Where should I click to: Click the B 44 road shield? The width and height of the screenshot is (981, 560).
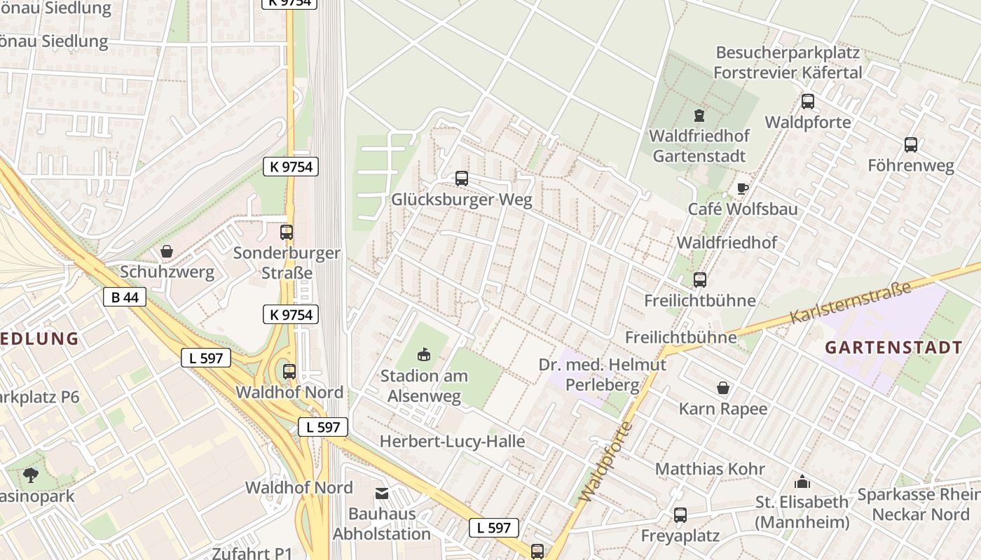[125, 297]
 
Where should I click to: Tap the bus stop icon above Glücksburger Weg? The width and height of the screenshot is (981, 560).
[461, 178]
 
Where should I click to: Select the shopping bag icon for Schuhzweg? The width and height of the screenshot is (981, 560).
[167, 251]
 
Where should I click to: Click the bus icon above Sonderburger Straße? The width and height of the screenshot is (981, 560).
[287, 232]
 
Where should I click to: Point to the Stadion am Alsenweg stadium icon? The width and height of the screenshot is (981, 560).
[424, 355]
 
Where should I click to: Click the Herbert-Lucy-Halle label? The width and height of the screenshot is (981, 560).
[452, 441]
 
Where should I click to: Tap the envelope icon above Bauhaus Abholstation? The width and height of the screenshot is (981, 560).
[382, 493]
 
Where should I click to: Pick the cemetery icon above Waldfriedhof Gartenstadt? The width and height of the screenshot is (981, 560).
[699, 115]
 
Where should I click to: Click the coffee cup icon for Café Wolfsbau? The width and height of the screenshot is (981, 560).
[743, 188]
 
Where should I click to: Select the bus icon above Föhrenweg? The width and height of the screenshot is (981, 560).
[911, 145]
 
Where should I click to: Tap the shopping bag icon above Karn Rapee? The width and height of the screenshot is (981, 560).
[723, 388]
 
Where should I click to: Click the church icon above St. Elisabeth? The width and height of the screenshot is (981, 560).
[802, 482]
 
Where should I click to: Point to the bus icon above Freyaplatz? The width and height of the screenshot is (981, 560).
[680, 515]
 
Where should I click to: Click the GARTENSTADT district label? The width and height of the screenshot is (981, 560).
[893, 347]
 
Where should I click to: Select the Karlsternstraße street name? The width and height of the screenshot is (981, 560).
[851, 302]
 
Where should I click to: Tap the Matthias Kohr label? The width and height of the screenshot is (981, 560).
[711, 468]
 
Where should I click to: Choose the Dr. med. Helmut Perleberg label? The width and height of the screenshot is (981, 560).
[603, 374]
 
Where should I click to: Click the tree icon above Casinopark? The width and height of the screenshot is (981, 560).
[31, 475]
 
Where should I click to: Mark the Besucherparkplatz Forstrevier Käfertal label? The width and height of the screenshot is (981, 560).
[788, 63]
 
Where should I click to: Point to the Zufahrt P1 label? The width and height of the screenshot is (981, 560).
[252, 553]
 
